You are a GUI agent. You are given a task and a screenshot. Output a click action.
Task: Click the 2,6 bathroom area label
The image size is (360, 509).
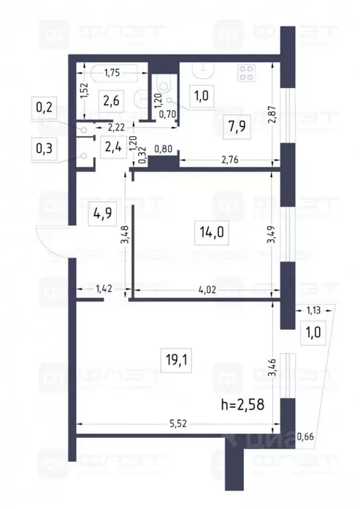(x=110, y=102)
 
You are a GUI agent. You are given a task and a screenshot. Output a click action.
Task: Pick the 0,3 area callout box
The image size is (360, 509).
(x=46, y=148)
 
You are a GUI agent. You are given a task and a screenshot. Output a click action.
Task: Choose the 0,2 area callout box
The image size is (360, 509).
(x=46, y=108)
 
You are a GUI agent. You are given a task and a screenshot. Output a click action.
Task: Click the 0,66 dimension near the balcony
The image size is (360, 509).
(x=306, y=436)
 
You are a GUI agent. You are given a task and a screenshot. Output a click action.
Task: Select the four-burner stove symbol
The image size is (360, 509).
(x=248, y=72)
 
